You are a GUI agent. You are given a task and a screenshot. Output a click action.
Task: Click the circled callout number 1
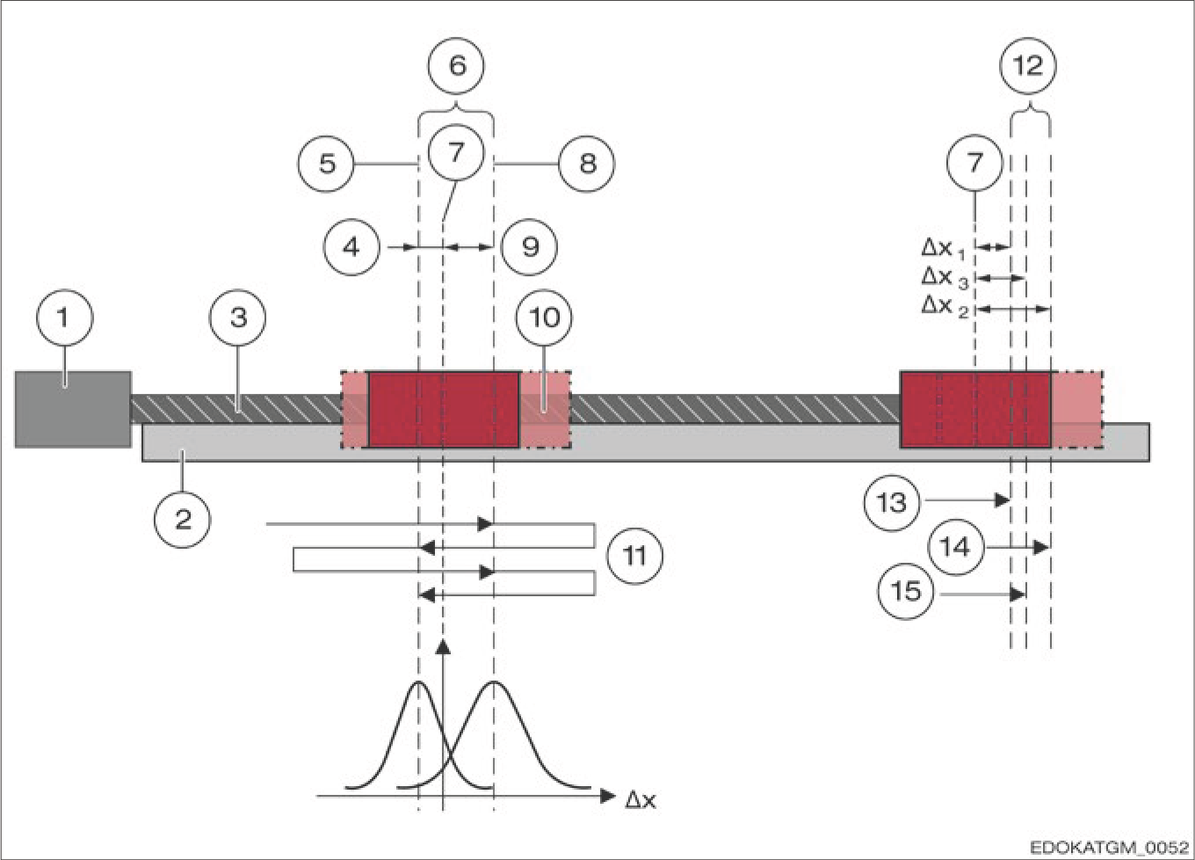click(64, 317)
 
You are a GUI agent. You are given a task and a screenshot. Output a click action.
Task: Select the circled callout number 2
click(183, 520)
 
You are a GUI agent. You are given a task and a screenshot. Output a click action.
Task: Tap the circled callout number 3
click(238, 317)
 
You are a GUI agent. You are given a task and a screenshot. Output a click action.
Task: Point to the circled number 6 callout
click(456, 66)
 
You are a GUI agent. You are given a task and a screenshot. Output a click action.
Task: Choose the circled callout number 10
click(544, 317)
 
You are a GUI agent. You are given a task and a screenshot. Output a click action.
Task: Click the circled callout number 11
click(634, 556)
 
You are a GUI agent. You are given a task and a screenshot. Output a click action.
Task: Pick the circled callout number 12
click(1028, 66)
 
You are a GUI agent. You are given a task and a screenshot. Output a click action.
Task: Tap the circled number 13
click(892, 502)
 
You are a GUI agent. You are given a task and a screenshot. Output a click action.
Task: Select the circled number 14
click(956, 547)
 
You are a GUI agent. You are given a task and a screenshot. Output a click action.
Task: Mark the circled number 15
click(907, 592)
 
